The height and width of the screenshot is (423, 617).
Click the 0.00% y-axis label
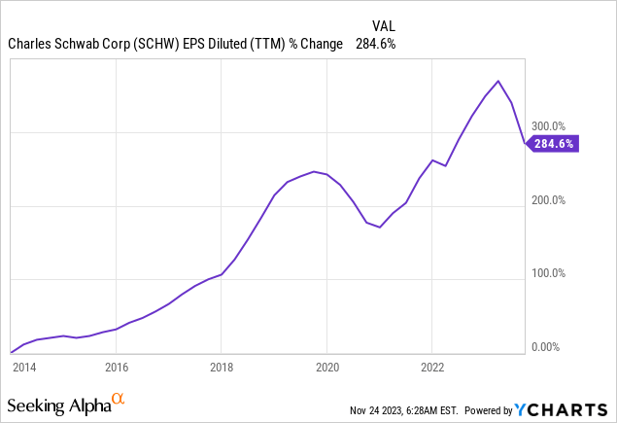pos(546,347)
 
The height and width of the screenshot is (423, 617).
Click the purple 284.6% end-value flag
pos(554,144)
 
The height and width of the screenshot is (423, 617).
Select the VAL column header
pos(384,25)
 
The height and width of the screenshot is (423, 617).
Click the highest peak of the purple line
pos(498,81)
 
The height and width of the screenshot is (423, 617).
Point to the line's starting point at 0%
pos(11,352)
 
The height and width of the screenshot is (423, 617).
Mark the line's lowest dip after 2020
pos(380,228)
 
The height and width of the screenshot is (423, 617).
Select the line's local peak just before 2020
pos(314,171)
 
